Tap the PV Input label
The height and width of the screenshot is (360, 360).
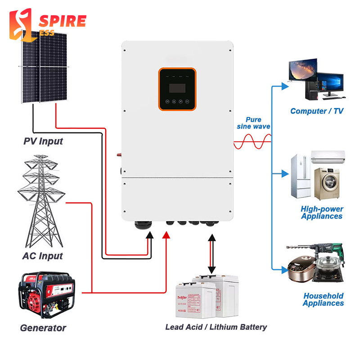(43, 141)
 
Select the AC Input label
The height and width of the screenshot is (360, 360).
(42, 256)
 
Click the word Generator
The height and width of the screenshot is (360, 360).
(43, 328)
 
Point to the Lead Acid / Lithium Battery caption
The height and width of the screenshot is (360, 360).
(216, 327)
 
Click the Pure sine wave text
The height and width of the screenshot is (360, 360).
(254, 123)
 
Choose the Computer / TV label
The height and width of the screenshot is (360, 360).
(316, 111)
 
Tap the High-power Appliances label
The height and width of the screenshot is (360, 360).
(322, 212)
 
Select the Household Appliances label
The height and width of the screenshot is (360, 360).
(323, 300)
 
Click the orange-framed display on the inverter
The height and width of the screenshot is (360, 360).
(177, 90)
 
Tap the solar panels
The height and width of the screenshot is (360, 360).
(42, 67)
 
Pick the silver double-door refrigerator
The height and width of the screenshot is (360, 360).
(301, 176)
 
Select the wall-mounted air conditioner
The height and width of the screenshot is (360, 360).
(328, 157)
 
